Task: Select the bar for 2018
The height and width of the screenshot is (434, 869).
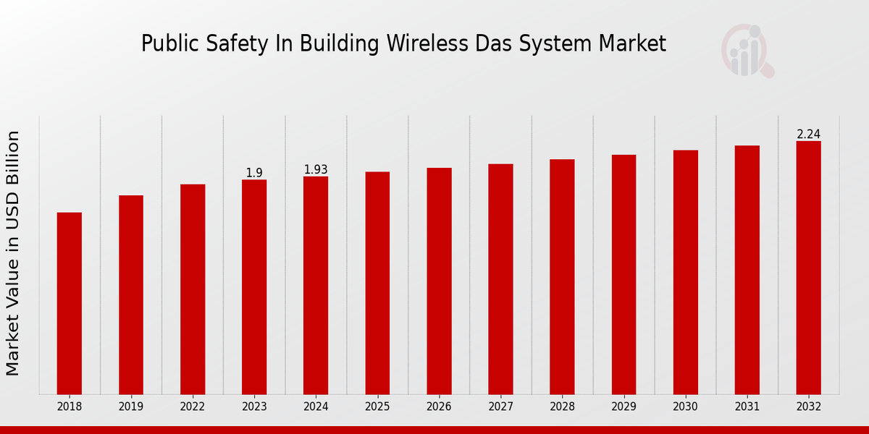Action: pos(70,303)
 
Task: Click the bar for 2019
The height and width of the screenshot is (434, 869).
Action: pos(131,294)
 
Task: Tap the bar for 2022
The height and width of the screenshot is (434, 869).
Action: pos(193,289)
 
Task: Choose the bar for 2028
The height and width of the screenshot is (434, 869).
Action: pos(562,276)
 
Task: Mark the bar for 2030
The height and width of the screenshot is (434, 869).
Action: pos(685,272)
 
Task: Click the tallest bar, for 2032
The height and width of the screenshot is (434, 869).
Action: pos(808,268)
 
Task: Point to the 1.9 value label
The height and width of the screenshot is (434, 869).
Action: pos(254,173)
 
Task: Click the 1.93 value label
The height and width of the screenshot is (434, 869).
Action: pos(316,169)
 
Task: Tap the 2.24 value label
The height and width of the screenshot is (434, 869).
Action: pos(808,134)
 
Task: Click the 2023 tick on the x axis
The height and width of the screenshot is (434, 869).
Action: pos(254,407)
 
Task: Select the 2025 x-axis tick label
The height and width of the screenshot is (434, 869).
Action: pos(377,407)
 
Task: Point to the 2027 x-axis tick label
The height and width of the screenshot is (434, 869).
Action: pos(500,407)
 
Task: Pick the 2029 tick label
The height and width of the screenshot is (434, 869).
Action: pos(624,407)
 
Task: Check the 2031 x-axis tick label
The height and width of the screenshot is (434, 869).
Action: pos(747,407)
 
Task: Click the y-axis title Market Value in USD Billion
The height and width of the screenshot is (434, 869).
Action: pos(13,253)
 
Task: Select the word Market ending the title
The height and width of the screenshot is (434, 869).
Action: pos(632,43)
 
